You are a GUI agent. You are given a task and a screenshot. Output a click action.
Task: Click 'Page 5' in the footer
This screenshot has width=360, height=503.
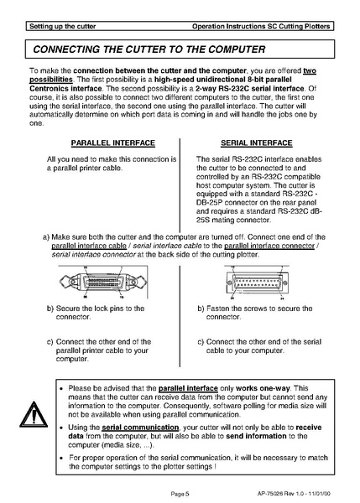point(180,493)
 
